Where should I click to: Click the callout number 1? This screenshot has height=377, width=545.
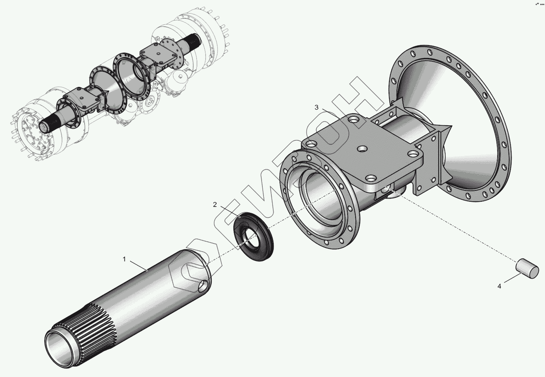pyautogui.click(x=124, y=259)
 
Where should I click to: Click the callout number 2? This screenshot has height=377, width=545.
pyautogui.click(x=215, y=205)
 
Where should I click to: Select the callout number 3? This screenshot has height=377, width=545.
pyautogui.click(x=316, y=108)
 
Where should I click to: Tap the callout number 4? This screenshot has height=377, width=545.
pyautogui.click(x=499, y=286)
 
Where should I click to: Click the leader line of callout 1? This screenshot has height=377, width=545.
pyautogui.click(x=138, y=265)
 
